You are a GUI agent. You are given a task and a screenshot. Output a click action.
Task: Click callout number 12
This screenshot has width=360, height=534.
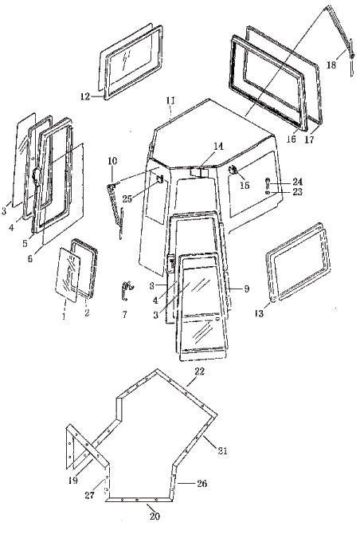[x=85, y=96]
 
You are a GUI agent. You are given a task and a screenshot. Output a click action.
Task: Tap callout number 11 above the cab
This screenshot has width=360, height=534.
[x=170, y=100]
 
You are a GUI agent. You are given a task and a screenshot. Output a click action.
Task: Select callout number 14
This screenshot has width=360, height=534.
[x=218, y=147]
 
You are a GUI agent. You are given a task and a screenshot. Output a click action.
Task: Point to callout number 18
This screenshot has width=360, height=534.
[x=331, y=65]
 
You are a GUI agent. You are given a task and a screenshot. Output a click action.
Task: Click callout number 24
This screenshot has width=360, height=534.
[x=297, y=182]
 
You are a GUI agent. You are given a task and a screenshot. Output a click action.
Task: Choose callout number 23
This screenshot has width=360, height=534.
[x=297, y=192]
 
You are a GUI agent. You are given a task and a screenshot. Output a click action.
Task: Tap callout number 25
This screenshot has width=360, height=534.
[x=127, y=198]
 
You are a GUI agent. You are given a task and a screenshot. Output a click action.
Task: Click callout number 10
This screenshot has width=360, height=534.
[x=112, y=160]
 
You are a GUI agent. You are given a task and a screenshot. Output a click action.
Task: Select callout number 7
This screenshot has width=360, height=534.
[x=124, y=315]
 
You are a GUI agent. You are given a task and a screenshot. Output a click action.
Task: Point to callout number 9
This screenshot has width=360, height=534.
[x=247, y=289]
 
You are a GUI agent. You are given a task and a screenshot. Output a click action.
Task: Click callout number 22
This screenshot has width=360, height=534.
[x=199, y=371]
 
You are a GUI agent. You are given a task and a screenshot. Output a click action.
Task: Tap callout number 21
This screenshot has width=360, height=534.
[x=222, y=451]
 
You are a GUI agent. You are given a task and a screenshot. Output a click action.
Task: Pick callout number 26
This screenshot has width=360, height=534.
[x=202, y=484]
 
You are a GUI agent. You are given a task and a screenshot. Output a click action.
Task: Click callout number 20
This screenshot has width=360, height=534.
[x=155, y=516]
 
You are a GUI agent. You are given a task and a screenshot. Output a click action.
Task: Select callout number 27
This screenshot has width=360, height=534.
[x=89, y=495]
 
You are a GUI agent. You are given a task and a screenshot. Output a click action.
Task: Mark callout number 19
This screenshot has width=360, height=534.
[x=72, y=481]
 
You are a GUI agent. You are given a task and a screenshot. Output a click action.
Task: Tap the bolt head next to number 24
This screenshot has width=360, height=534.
[x=268, y=180]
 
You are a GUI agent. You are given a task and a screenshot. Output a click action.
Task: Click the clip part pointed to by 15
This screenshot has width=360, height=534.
[x=233, y=169]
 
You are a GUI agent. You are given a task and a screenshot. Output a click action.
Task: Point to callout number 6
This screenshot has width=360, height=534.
[x=30, y=259]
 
